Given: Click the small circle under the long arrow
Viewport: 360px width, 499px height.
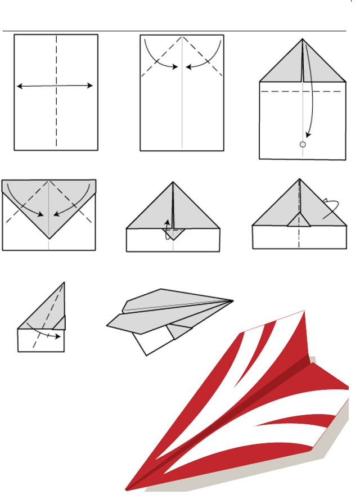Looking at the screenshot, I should (x=303, y=145).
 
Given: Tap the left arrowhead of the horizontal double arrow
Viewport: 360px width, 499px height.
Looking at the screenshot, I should (x=19, y=86).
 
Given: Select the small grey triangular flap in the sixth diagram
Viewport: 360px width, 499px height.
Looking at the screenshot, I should (x=299, y=220).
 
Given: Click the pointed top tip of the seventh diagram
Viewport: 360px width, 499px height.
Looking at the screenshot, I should (x=64, y=282).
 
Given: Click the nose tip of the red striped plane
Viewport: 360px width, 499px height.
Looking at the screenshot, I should (x=126, y=489).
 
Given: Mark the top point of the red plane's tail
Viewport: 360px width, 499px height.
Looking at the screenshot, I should (x=304, y=311).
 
